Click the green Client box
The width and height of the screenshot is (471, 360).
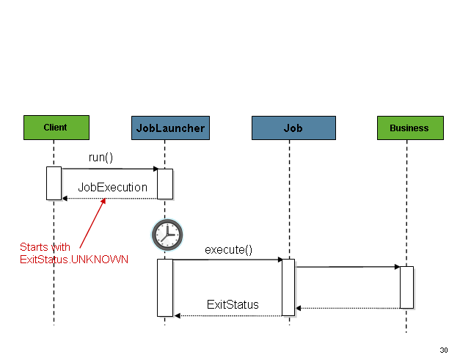pyautogui.click(x=56, y=127)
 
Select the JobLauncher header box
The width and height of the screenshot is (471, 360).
pyautogui.click(x=170, y=128)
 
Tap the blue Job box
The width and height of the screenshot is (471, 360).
pyautogui.click(x=293, y=128)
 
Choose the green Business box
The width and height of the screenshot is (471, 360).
pyautogui.click(x=409, y=128)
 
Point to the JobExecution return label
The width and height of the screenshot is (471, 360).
pyautogui.click(x=112, y=187)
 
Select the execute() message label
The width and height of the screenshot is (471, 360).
pyautogui.click(x=228, y=249)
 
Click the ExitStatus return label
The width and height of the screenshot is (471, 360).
pyautogui.click(x=233, y=304)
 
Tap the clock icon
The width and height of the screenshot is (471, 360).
pyautogui.click(x=167, y=235)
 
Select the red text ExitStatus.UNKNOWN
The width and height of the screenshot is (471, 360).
pyautogui.click(x=73, y=260)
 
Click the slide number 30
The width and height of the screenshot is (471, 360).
pyautogui.click(x=443, y=349)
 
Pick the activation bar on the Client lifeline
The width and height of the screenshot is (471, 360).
pyautogui.click(x=54, y=183)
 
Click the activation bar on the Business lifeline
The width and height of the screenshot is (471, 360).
pyautogui.click(x=406, y=287)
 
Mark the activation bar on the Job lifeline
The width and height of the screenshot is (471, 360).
pyautogui.click(x=288, y=287)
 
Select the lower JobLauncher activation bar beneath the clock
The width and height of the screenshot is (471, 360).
pyautogui.click(x=165, y=287)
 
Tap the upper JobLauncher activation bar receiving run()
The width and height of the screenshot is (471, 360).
pyautogui.click(x=165, y=183)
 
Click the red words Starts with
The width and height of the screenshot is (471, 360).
pyautogui.click(x=45, y=248)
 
